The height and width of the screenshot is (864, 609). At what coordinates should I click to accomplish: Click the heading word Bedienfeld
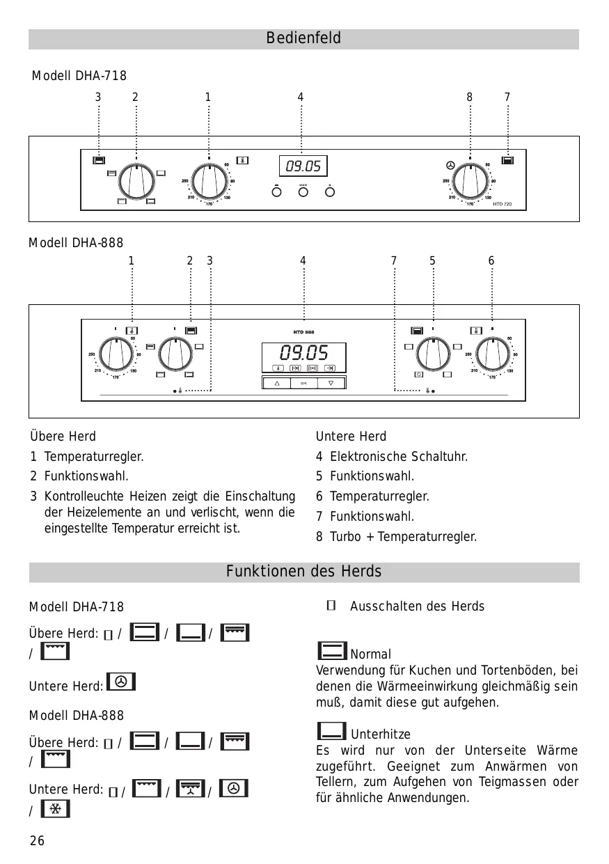303,38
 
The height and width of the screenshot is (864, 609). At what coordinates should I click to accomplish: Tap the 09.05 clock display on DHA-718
303,166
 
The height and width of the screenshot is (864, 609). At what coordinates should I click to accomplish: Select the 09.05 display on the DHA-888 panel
303,352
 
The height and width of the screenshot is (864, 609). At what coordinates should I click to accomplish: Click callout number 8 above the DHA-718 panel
470,97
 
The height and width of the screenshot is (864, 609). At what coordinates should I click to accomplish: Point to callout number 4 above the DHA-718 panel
301,97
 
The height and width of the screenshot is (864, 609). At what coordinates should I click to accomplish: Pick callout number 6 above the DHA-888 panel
491,261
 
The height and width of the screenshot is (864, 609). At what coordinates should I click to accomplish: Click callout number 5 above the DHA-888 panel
432,261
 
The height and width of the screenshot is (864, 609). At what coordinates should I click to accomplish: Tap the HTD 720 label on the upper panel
502,204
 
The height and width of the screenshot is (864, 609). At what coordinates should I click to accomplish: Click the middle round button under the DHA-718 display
303,192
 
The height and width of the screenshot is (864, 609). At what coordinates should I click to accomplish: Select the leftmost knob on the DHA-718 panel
136,182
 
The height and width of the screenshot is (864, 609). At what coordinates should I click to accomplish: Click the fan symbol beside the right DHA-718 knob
450,166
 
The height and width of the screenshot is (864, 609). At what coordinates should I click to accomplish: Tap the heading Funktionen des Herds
303,572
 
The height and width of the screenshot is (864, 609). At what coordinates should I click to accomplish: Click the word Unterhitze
380,735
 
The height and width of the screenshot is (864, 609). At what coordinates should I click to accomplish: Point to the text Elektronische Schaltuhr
399,457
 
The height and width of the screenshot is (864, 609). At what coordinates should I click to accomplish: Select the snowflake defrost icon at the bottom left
56,809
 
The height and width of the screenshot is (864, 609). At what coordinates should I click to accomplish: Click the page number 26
37,841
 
